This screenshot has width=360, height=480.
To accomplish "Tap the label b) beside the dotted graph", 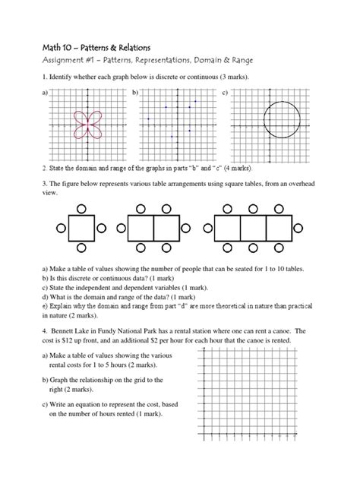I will click(136, 92).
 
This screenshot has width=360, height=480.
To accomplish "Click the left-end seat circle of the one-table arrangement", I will click(58, 227).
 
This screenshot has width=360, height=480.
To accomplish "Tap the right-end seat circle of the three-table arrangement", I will click(298, 227).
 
